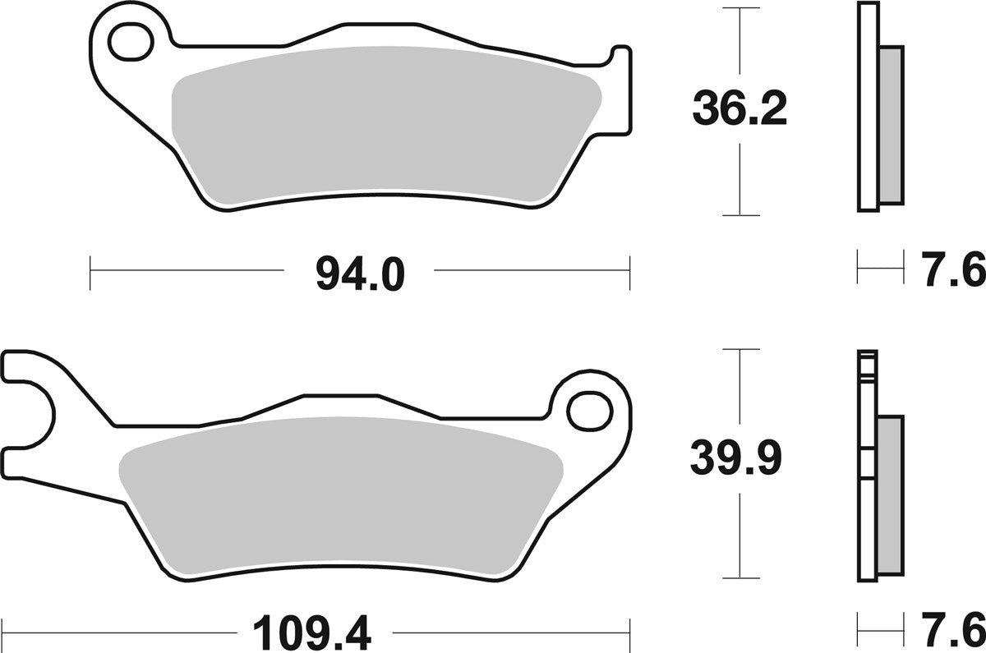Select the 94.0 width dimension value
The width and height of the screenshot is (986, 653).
pyautogui.click(x=360, y=274)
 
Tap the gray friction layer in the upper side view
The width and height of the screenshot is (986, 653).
pyautogui.click(x=891, y=123)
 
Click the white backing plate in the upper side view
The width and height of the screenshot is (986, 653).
pyautogui.click(x=867, y=107)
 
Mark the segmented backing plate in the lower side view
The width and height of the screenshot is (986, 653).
pyautogui.click(x=867, y=468)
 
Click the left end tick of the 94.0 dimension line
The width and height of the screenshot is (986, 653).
pyautogui.click(x=90, y=273)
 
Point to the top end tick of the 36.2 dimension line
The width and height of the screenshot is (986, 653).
pyautogui.click(x=741, y=8)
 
